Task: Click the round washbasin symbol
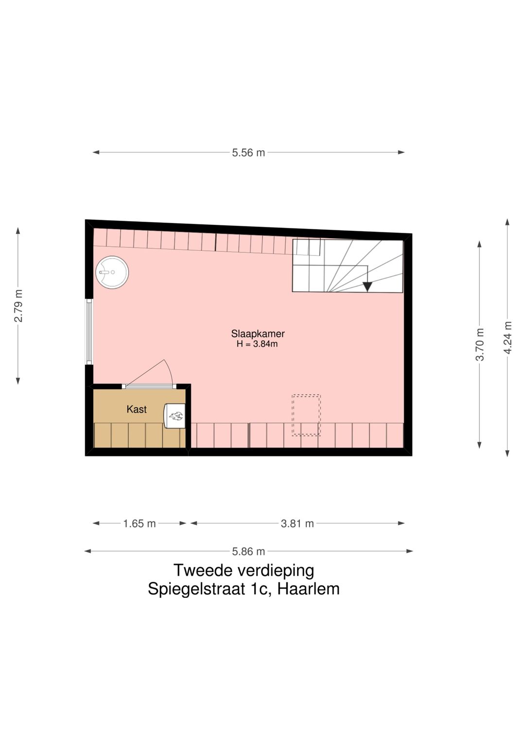(x=112, y=272)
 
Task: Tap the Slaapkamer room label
(x=258, y=333)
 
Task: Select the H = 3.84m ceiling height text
(x=257, y=344)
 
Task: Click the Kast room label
(x=137, y=410)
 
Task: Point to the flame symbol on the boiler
(x=175, y=415)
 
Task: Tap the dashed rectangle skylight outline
(x=306, y=415)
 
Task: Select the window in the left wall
(x=89, y=331)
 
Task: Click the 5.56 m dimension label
(x=248, y=153)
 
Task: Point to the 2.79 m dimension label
(x=18, y=306)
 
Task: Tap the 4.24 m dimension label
(x=507, y=338)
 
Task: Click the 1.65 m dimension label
(x=139, y=524)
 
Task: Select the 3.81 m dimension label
(x=297, y=524)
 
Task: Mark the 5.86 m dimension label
(x=248, y=552)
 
